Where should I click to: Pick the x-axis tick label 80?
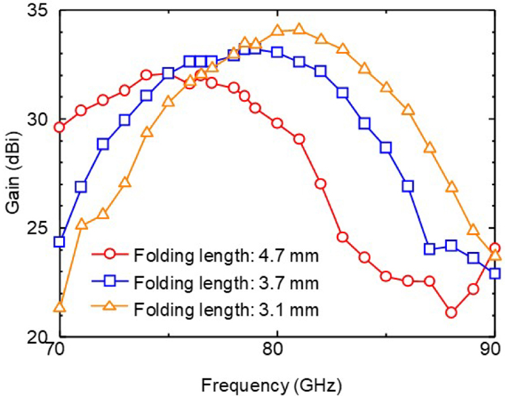(x=276, y=349)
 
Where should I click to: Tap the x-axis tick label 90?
(x=493, y=349)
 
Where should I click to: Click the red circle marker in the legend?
(x=110, y=256)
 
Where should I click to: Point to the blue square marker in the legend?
(x=110, y=283)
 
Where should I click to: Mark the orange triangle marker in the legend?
(x=110, y=308)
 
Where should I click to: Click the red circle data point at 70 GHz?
(x=59, y=127)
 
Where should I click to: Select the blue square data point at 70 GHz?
(x=59, y=242)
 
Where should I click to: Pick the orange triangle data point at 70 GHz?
(x=59, y=307)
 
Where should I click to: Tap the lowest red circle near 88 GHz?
(x=451, y=312)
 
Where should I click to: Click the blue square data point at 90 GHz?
(x=495, y=273)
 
